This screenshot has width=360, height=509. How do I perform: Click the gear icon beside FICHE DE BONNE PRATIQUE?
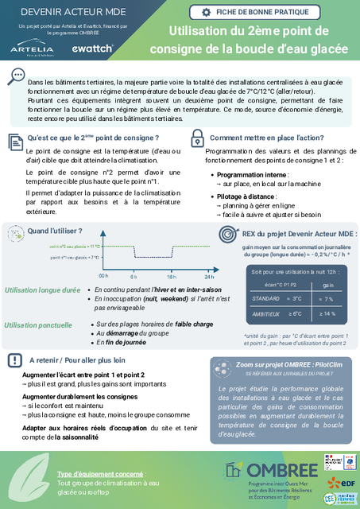pyautogui.click(x=207, y=12)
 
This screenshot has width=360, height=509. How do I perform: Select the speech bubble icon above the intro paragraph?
pyautogui.click(x=15, y=76)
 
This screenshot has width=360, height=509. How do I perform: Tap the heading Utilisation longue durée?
pyautogui.click(x=42, y=292)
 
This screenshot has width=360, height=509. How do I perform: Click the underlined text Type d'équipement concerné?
pyautogui.click(x=100, y=473)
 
